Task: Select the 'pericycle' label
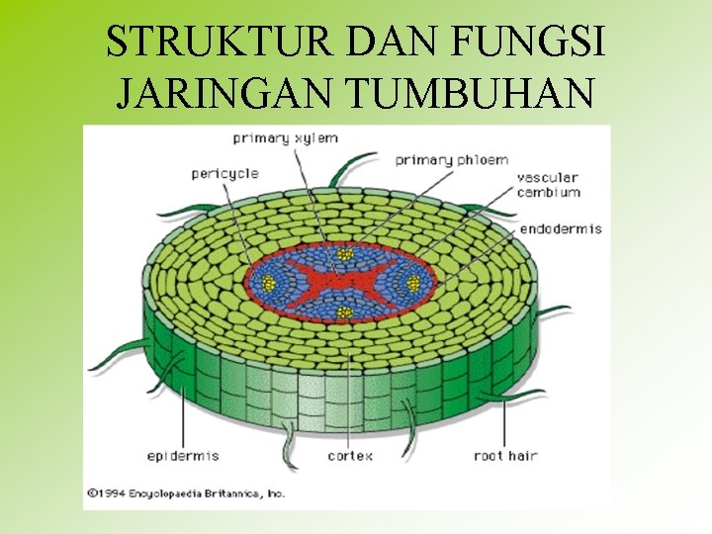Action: coord(224,174)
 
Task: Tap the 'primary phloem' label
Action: coord(452,159)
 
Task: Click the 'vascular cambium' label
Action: coord(548,185)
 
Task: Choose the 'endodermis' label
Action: coord(561,228)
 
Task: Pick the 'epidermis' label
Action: coord(183,456)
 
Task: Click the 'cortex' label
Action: coord(350,456)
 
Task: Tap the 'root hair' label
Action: coord(504,456)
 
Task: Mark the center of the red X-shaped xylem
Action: coord(340,284)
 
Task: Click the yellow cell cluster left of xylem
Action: coord(267,283)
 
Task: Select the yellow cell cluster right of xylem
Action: coord(412,284)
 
